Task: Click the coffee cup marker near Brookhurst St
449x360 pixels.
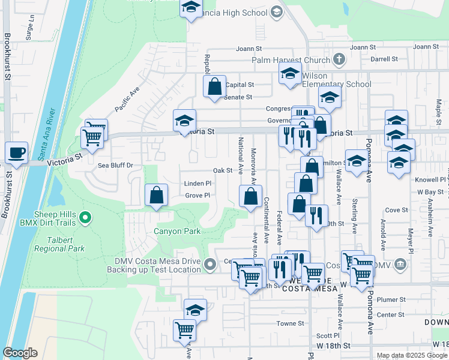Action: click(16, 152)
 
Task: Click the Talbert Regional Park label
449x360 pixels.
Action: click(59, 244)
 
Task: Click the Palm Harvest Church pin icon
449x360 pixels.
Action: click(339, 59)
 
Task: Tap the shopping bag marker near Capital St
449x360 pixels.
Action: click(214, 87)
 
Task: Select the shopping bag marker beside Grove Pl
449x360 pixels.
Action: click(156, 194)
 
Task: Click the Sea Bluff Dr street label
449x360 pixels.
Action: click(115, 165)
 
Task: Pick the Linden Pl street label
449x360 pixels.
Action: click(198, 184)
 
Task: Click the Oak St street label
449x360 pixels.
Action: click(222, 170)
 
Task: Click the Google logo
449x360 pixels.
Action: click(20, 353)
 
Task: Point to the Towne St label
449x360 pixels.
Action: click(291, 323)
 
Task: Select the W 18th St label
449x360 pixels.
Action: click(333, 346)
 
